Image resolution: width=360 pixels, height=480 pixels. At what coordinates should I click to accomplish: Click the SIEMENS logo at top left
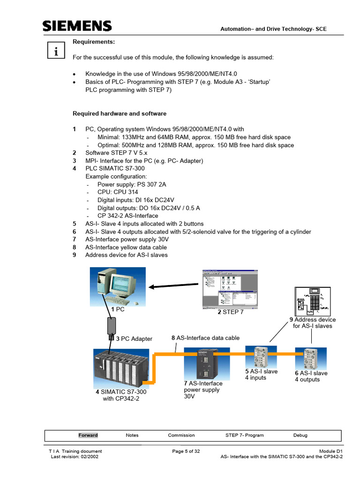(x=77, y=26)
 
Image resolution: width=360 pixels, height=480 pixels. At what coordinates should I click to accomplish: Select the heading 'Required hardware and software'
(x=119, y=113)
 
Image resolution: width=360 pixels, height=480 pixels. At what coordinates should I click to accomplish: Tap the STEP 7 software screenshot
(x=230, y=289)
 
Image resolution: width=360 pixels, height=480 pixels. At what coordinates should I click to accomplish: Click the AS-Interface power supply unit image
(x=207, y=363)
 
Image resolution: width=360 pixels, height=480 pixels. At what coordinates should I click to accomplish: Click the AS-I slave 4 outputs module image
(x=308, y=359)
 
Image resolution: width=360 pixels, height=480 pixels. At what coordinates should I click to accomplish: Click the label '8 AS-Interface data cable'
(x=205, y=337)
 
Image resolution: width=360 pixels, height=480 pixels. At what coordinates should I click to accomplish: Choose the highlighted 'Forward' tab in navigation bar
(x=88, y=435)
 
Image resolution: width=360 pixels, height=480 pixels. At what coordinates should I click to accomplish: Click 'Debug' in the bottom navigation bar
(x=300, y=435)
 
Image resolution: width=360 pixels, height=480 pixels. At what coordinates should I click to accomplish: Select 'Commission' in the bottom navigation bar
(x=181, y=435)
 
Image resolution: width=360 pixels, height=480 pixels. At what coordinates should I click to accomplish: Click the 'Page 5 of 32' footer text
(x=186, y=451)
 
